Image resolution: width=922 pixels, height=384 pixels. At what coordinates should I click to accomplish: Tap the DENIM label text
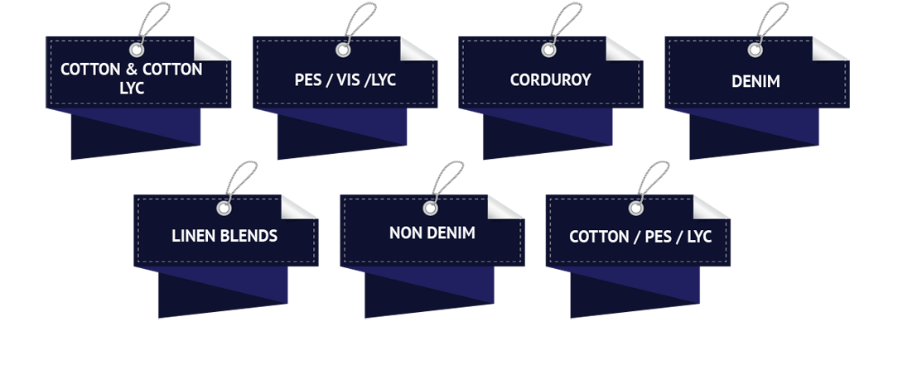pyautogui.click(x=755, y=82)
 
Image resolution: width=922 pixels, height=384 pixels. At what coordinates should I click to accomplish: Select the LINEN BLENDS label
pyautogui.click(x=224, y=236)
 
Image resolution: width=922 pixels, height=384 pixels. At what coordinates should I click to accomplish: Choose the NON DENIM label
pyautogui.click(x=432, y=233)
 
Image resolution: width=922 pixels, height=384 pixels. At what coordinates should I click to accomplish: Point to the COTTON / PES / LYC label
pyautogui.click(x=635, y=237)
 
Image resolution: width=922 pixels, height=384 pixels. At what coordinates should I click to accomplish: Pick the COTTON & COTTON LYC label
pyautogui.click(x=132, y=78)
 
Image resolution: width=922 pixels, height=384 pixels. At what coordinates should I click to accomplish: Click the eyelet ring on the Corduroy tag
pyautogui.click(x=548, y=50)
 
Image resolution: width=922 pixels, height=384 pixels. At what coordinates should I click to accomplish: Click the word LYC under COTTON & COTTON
pyautogui.click(x=132, y=87)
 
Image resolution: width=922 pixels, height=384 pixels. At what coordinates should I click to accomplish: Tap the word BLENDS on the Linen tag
pyautogui.click(x=248, y=236)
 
